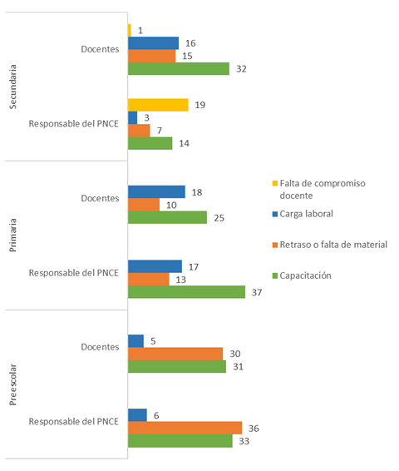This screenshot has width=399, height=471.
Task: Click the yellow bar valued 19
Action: [x=159, y=105]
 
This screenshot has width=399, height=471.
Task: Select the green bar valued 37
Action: [x=187, y=292]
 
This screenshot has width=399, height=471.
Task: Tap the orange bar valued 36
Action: [x=185, y=427]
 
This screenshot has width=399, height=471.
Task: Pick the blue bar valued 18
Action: [x=157, y=191]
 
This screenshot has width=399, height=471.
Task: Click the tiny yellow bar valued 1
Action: [x=130, y=30]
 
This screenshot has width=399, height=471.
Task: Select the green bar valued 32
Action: [x=179, y=69]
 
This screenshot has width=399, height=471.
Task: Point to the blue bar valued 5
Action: [x=136, y=340]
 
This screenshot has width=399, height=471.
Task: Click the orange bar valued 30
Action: [x=176, y=354]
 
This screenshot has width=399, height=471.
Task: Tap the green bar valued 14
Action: [x=150, y=143]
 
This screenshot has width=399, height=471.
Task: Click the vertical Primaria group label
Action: [x=12, y=235]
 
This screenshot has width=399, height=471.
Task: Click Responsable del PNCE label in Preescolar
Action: [x=73, y=421]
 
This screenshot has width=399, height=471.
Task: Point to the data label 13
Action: [x=180, y=280]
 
